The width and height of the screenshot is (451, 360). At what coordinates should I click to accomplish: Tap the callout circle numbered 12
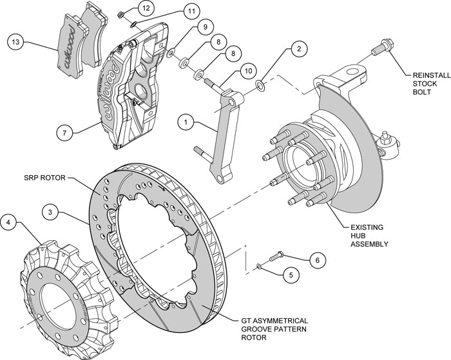(x=145, y=8)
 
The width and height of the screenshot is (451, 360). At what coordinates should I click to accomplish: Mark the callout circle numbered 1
(x=185, y=120)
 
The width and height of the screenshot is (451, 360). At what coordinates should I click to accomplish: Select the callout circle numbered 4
(x=8, y=223)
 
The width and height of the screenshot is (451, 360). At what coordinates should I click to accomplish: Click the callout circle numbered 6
(x=316, y=260)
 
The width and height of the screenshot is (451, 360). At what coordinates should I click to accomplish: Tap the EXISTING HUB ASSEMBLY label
(x=369, y=235)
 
